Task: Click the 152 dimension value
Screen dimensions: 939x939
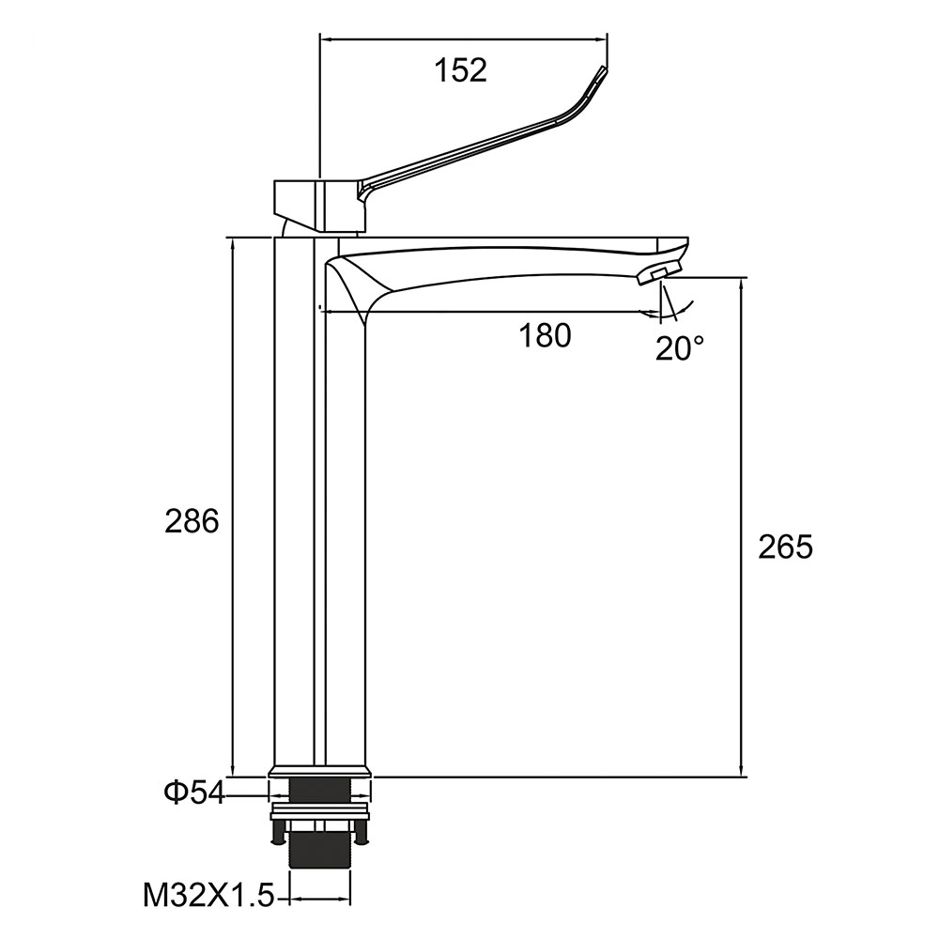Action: pos(460,70)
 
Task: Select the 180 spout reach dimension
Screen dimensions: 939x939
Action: pos(545,335)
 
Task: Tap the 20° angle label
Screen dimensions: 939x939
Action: pos(679,347)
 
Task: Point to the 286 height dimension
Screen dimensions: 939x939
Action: pos(192,521)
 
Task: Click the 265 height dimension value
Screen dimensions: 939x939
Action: pos(785,546)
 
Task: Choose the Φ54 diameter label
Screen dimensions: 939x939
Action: pos(194,793)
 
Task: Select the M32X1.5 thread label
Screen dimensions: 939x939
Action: pos(208,897)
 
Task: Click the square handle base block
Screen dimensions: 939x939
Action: pos(319,205)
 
